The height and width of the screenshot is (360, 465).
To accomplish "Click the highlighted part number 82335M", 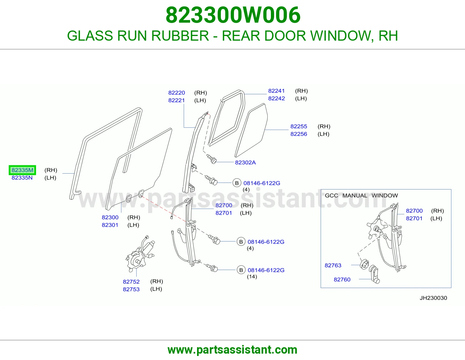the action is (22, 170).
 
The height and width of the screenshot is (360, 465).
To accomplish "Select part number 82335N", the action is (22, 178).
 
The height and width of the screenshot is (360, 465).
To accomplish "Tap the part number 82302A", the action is (245, 163).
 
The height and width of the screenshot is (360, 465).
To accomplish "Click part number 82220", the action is (176, 93).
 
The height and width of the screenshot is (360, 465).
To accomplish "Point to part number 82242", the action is (276, 98).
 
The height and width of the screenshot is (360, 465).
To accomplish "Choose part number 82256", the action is (298, 134).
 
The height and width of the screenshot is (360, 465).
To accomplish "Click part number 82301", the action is (110, 225).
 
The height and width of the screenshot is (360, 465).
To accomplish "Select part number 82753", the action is (131, 289).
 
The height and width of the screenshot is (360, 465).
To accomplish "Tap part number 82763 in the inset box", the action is (333, 265).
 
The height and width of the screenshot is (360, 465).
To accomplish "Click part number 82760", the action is (342, 279).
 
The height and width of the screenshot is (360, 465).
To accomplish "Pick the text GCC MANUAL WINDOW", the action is (361, 195).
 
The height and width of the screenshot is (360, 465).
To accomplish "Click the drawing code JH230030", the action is (433, 298).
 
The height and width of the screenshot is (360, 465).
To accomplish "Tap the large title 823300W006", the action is (233, 15).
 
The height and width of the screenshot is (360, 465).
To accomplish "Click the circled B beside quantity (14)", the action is (241, 270).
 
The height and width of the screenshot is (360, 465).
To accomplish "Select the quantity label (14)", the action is (252, 277).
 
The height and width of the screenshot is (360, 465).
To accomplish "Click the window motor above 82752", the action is (139, 254).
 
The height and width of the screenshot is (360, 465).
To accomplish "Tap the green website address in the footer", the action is (233, 350).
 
